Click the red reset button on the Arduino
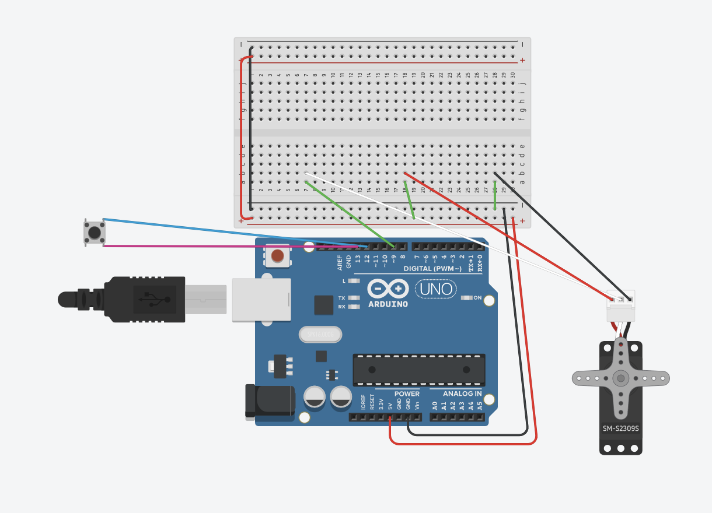coord(278,255)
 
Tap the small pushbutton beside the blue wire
coord(95,232)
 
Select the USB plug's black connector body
coord(146,299)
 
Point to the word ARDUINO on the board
coord(388,304)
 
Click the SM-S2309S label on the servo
coord(620,429)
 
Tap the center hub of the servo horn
coord(620,378)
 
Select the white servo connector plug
coord(620,306)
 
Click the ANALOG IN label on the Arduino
coord(462,394)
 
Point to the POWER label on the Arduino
coord(407,394)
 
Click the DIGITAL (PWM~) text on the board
coord(432,269)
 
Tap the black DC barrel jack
coord(268,402)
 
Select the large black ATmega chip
coord(418,370)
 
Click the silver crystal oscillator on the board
coord(320,334)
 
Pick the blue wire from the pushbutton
coord(233,231)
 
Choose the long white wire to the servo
coord(467,233)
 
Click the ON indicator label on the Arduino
coord(477,298)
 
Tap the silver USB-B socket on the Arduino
coord(261,300)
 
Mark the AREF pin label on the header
coord(340,262)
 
